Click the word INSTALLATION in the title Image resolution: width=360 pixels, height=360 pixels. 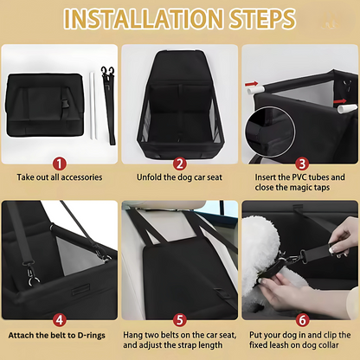tap(144, 19)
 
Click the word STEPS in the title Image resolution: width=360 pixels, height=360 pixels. tap(263, 19)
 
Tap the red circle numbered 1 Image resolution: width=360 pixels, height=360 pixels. tap(60, 164)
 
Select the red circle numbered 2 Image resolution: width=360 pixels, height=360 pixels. tap(180, 164)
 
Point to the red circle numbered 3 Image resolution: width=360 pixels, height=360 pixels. tap(302, 164)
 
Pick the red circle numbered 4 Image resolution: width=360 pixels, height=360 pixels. tap(60, 320)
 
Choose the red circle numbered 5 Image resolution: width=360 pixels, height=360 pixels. tap(180, 320)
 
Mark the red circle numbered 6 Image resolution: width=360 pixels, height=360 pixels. tap(302, 320)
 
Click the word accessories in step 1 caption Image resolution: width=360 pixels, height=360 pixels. tap(81, 177)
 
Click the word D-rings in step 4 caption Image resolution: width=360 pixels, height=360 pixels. tap(91, 336)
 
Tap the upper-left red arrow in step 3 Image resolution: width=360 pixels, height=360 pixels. tap(251, 84)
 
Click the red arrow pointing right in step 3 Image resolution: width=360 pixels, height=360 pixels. tap(340, 101)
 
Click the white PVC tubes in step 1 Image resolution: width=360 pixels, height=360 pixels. tap(93, 106)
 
